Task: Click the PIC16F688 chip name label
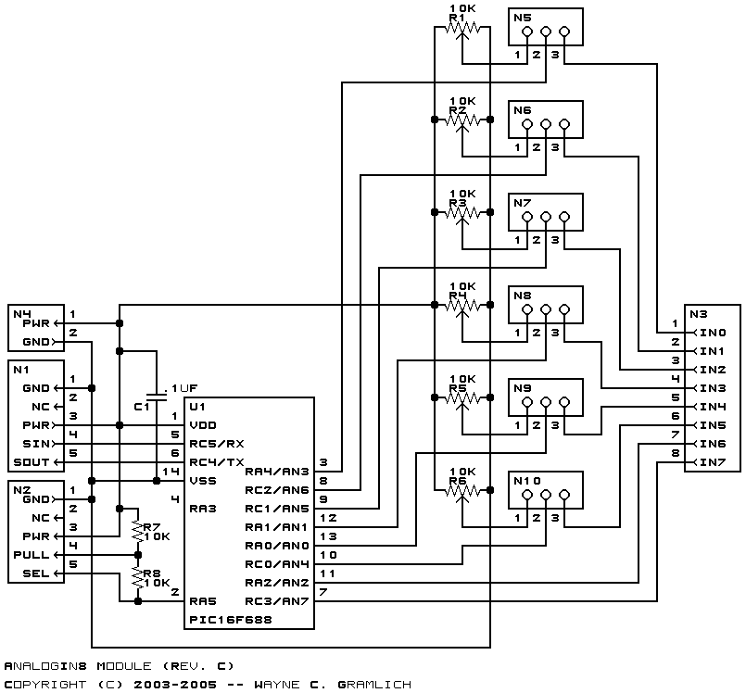point(230,620)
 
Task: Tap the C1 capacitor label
point(141,407)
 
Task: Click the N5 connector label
point(522,18)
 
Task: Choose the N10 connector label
point(525,481)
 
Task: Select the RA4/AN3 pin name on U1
point(275,471)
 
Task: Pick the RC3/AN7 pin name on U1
point(275,600)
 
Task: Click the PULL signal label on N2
point(31,554)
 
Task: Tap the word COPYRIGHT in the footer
point(41,684)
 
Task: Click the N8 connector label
point(522,296)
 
